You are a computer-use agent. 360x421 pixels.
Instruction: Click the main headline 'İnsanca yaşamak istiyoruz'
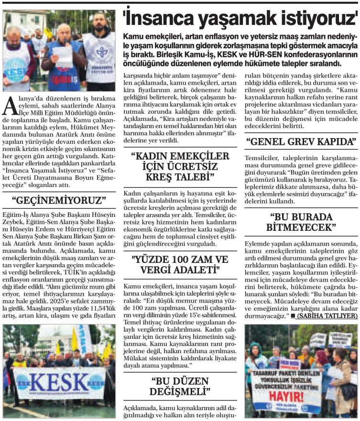click(240, 19)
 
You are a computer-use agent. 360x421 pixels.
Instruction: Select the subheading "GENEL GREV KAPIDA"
click(301, 141)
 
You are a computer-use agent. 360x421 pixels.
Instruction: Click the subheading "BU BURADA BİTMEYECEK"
click(301, 221)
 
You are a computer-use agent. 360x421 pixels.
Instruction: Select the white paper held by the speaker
click(62, 56)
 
